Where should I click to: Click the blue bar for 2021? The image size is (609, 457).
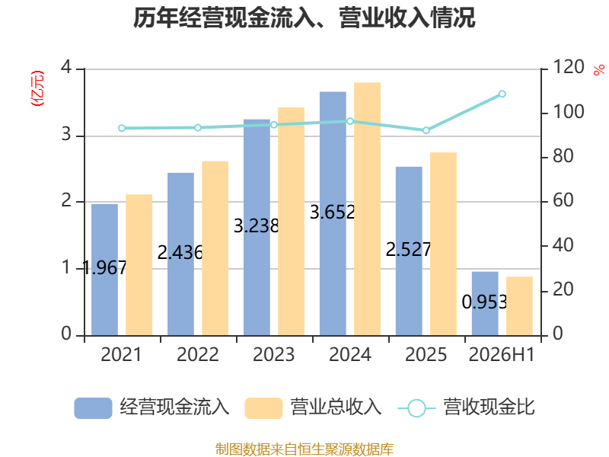click(x=104, y=270)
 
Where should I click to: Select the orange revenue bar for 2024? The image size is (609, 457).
click(x=367, y=209)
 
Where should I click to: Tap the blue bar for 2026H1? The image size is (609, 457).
click(x=485, y=303)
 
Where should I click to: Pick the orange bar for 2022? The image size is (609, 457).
click(x=215, y=248)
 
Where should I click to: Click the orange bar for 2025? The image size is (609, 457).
click(x=443, y=244)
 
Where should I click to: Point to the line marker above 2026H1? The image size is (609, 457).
click(x=502, y=94)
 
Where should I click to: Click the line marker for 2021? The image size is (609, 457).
click(x=122, y=128)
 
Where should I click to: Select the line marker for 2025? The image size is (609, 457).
click(x=426, y=130)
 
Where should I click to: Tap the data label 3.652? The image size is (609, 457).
click(x=333, y=213)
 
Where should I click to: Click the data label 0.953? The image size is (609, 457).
click(x=485, y=302)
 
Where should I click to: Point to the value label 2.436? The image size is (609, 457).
click(x=180, y=253)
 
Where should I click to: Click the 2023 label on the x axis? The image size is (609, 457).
click(x=274, y=354)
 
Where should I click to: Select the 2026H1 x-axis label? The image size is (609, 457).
click(x=502, y=354)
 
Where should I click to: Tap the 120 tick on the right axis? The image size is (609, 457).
click(x=569, y=67)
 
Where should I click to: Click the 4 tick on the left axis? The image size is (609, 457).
click(x=66, y=67)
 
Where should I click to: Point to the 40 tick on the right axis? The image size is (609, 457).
click(x=563, y=245)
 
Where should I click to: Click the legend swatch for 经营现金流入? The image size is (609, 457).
click(x=93, y=408)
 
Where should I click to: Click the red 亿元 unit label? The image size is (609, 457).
click(x=37, y=88)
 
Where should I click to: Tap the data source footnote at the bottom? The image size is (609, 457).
click(x=304, y=449)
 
